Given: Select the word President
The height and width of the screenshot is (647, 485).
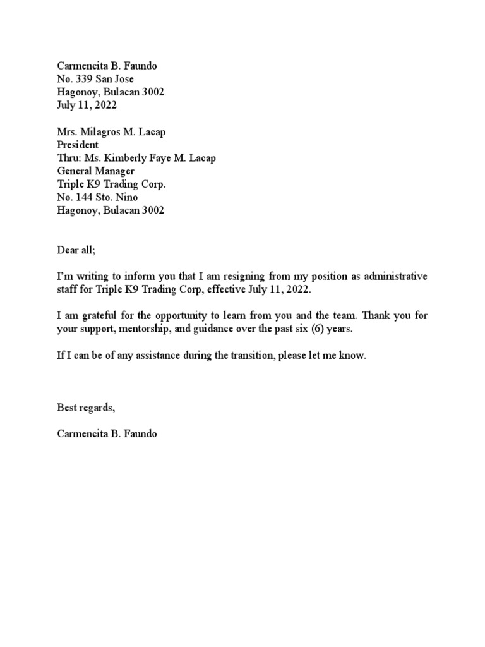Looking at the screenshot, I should tap(78, 145).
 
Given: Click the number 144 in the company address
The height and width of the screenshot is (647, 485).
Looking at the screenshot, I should tap(83, 198).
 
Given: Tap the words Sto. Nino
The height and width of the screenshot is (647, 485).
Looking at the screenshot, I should tap(116, 198).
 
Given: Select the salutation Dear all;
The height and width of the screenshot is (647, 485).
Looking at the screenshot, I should tap(76, 250).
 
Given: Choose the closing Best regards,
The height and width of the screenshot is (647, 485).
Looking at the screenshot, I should tap(87, 408).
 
